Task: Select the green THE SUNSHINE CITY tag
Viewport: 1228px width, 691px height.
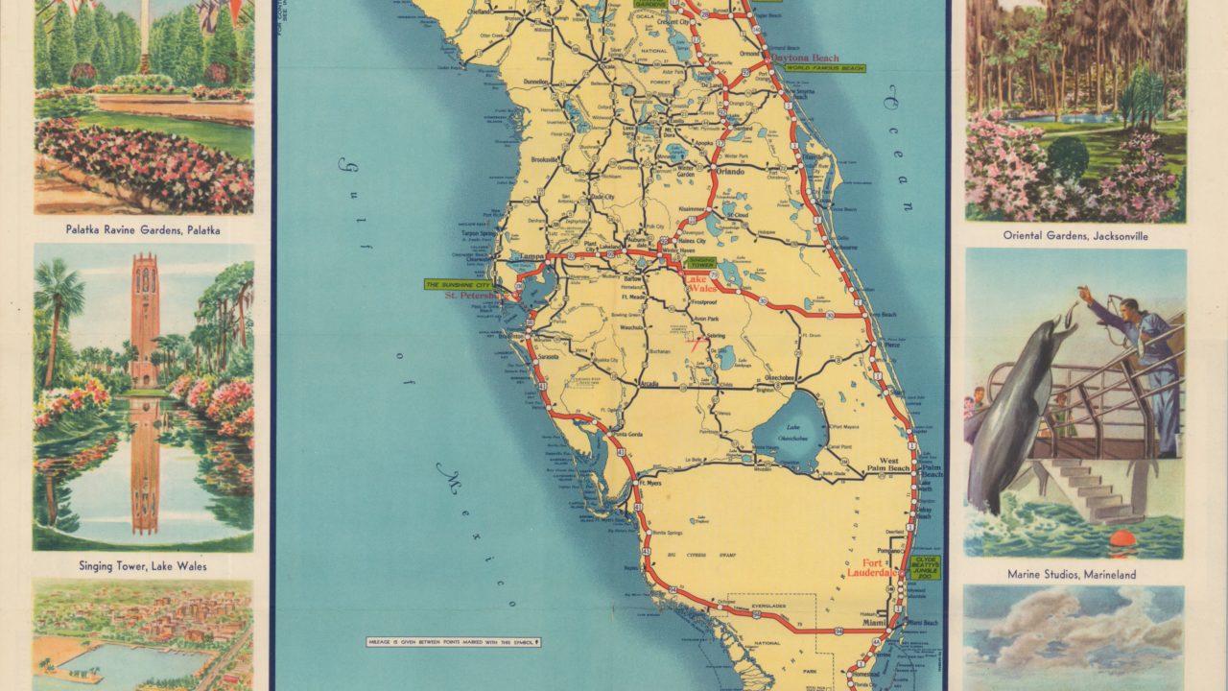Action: coord(459,284)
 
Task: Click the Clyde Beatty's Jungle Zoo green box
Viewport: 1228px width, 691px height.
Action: coord(927,567)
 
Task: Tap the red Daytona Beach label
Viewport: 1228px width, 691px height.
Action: coord(808,58)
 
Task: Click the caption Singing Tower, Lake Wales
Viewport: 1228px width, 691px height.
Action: coord(144,566)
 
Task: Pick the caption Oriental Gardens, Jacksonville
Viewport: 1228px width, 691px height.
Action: coord(1075,235)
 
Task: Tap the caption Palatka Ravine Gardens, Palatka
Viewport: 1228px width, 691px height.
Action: coord(143,229)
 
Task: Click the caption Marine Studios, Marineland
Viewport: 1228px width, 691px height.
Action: coord(1072,574)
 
